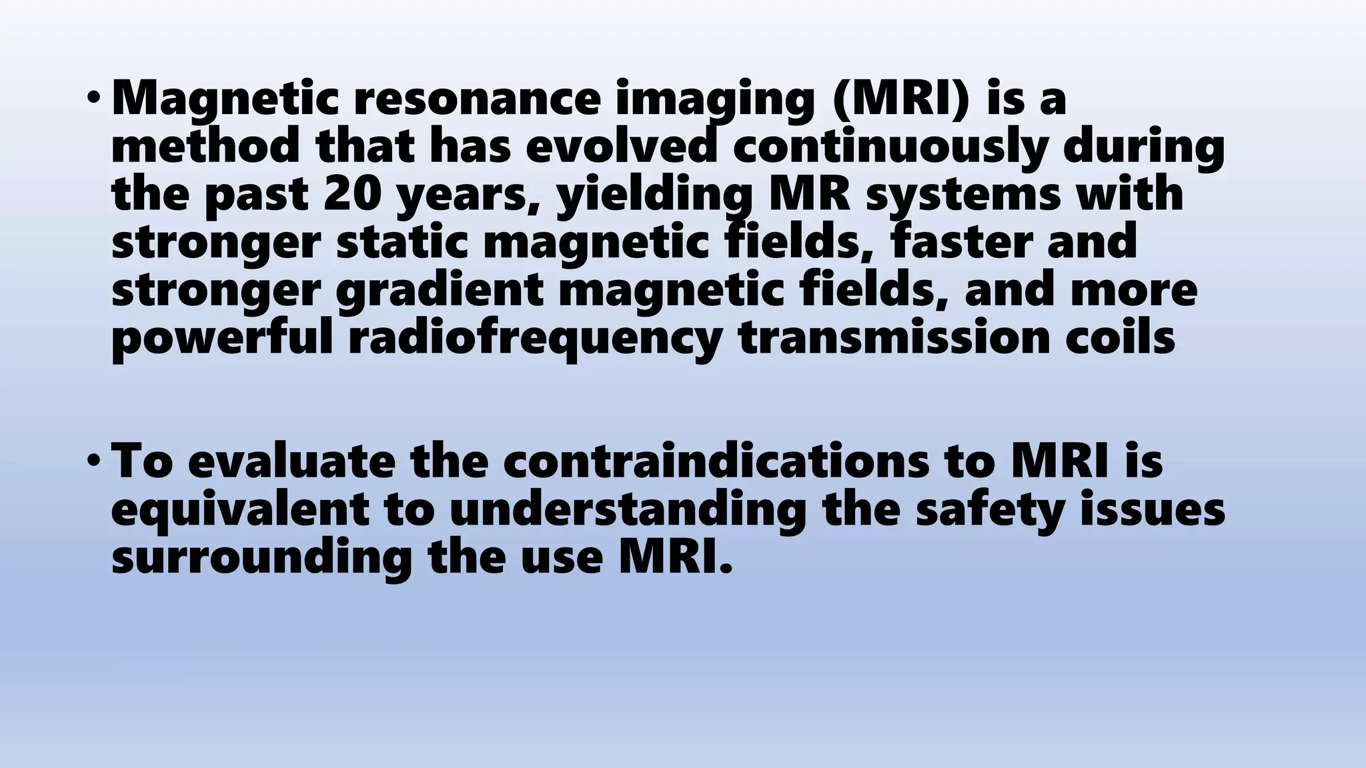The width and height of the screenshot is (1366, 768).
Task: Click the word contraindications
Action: point(716,462)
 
